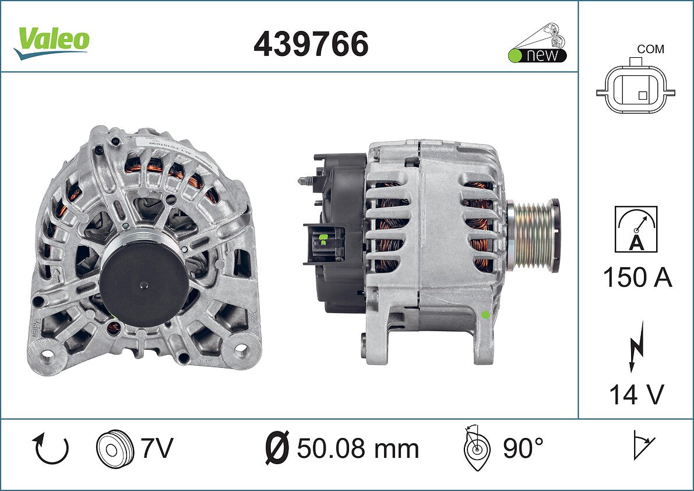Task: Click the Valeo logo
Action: [x=51, y=43]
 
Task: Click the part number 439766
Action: [x=311, y=44]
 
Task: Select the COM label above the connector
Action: [x=650, y=49]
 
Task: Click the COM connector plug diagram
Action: [x=636, y=88]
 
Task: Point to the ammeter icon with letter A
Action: [x=636, y=229]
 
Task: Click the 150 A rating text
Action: [x=637, y=278]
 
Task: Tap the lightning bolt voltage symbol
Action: [x=636, y=346]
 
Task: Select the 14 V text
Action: [x=637, y=394]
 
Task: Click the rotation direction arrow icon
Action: [x=50, y=448]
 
